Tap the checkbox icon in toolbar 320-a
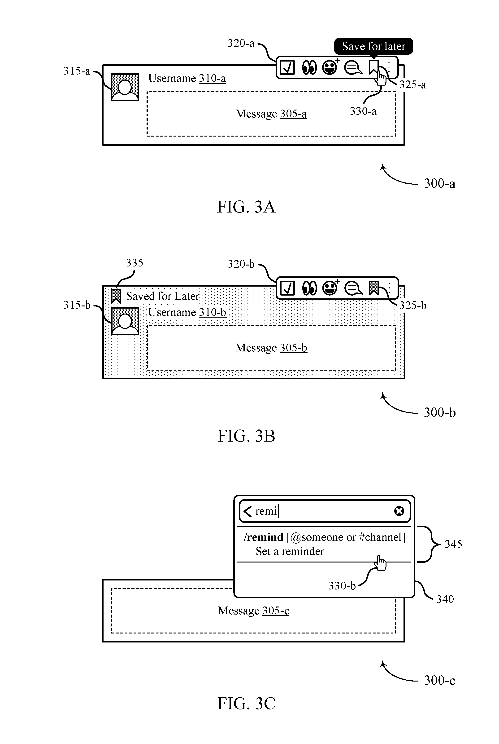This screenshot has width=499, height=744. click(287, 67)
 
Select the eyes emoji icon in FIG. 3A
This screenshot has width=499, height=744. click(309, 67)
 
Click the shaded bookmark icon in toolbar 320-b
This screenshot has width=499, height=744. click(374, 288)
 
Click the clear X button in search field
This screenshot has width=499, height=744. click(399, 511)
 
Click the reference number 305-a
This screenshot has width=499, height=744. click(293, 114)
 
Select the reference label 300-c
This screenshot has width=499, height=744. click(439, 680)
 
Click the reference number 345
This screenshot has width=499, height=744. click(453, 544)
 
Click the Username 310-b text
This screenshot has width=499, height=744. click(187, 312)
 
